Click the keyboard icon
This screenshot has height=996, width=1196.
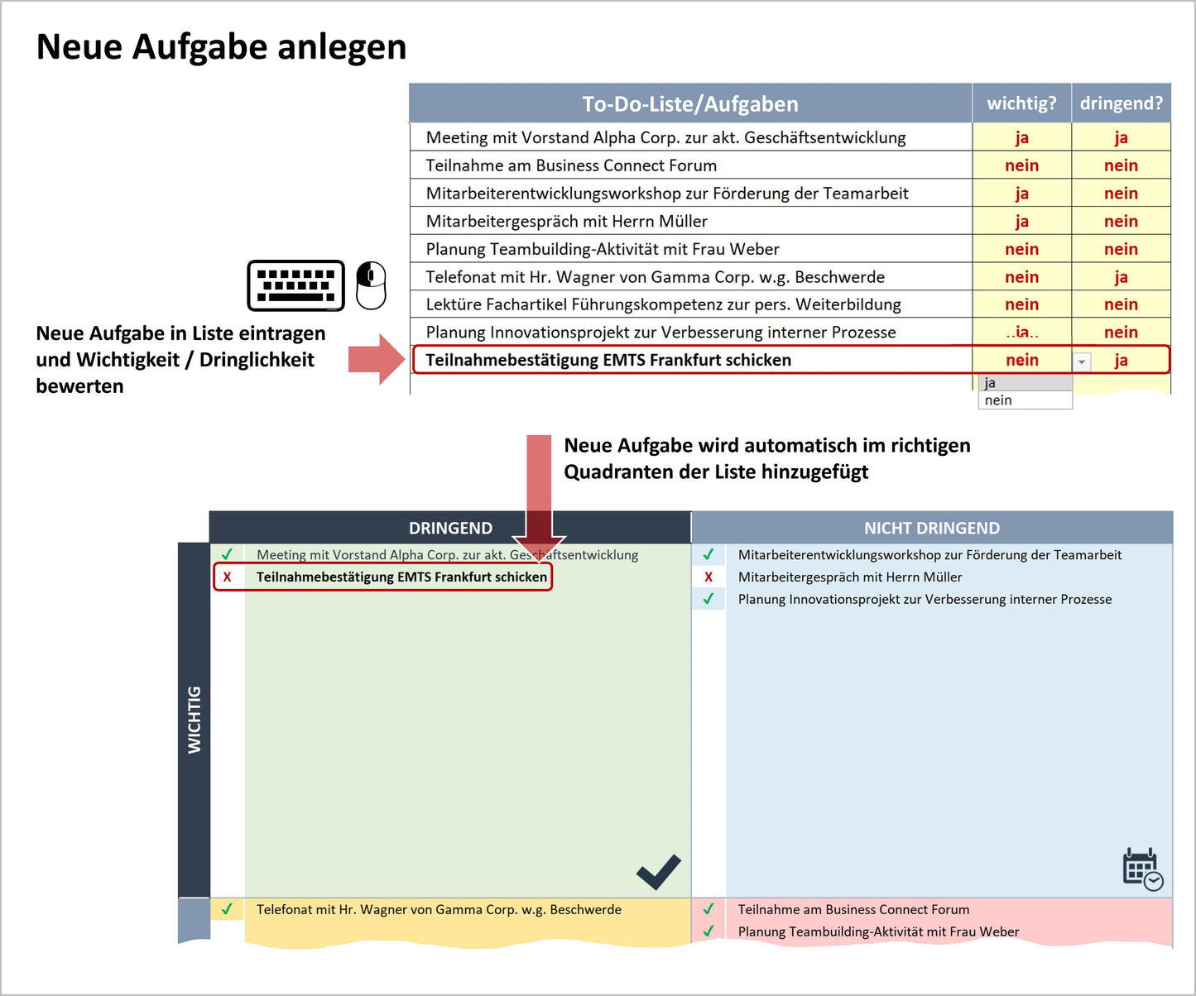pyautogui.click(x=295, y=285)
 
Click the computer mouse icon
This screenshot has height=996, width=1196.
pyautogui.click(x=371, y=285)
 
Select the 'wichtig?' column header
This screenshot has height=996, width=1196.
pyautogui.click(x=1021, y=103)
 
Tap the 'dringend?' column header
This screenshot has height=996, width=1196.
pyautogui.click(x=1121, y=103)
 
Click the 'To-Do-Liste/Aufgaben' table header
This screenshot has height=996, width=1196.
pyautogui.click(x=689, y=103)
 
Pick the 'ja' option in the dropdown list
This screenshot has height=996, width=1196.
pyautogui.click(x=1025, y=383)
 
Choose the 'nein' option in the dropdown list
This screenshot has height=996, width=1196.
pyautogui.click(x=1025, y=400)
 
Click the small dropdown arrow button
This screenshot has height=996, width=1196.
pyautogui.click(x=1082, y=362)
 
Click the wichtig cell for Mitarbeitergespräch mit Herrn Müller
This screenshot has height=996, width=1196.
pyautogui.click(x=1021, y=221)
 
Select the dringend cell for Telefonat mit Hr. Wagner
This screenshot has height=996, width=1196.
pyautogui.click(x=1121, y=277)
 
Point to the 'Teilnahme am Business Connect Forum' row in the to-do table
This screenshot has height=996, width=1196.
pyautogui.click(x=571, y=165)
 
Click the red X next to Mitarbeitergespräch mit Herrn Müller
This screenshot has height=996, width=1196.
pyautogui.click(x=708, y=577)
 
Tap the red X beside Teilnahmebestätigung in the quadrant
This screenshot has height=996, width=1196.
pyautogui.click(x=227, y=577)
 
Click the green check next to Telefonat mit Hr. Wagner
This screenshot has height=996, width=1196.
pyautogui.click(x=227, y=909)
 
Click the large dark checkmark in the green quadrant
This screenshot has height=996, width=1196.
pyautogui.click(x=659, y=872)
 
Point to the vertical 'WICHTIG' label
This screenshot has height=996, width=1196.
pyautogui.click(x=195, y=720)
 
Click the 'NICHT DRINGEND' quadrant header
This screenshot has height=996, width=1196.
pyautogui.click(x=932, y=528)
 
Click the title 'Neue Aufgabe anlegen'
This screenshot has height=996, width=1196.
pyautogui.click(x=222, y=46)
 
